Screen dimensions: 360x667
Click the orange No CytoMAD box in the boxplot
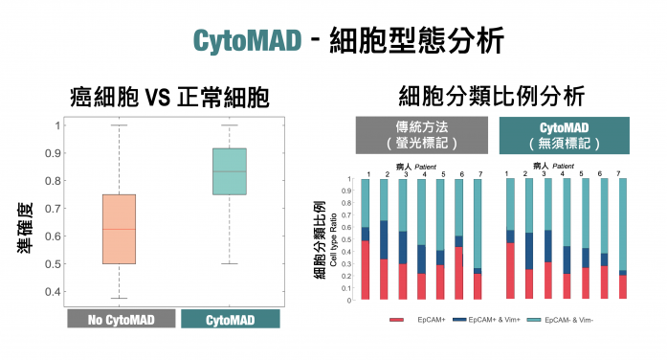[x=119, y=229]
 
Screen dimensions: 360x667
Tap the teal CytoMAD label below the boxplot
[x=230, y=320]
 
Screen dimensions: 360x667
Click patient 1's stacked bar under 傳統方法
[x=365, y=239]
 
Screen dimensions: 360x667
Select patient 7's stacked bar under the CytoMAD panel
[x=623, y=239]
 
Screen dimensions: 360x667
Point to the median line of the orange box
[x=119, y=230]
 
